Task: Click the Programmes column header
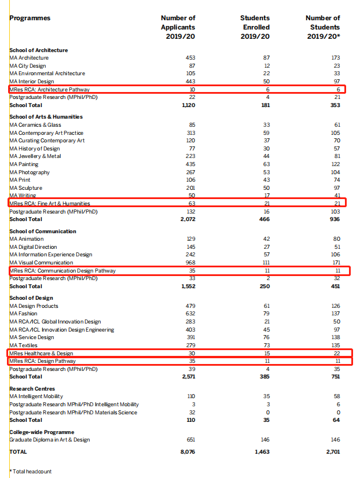pyautogui.click(x=30, y=18)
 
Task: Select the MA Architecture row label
pyautogui.click(x=29, y=58)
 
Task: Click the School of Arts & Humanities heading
pyautogui.click(x=46, y=117)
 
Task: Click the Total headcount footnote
pyautogui.click(x=31, y=472)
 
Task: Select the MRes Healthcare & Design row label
pyautogui.click(x=42, y=353)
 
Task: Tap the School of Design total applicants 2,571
pyautogui.click(x=188, y=377)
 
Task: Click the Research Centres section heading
pyautogui.click(x=32, y=389)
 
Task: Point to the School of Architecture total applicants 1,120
pyautogui.click(x=188, y=105)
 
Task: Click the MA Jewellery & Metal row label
pyautogui.click(x=35, y=156)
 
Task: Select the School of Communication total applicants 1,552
pyautogui.click(x=188, y=286)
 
